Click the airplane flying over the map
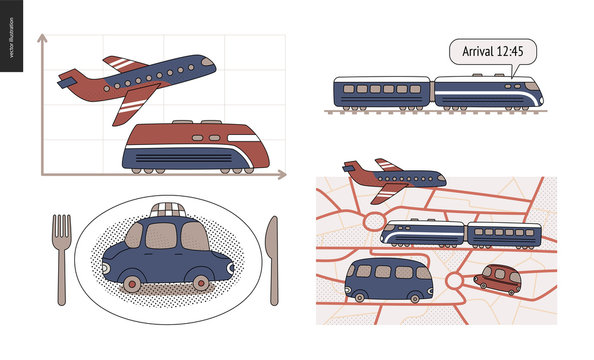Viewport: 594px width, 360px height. point(393,177)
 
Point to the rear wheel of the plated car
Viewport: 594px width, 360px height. point(132,285)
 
